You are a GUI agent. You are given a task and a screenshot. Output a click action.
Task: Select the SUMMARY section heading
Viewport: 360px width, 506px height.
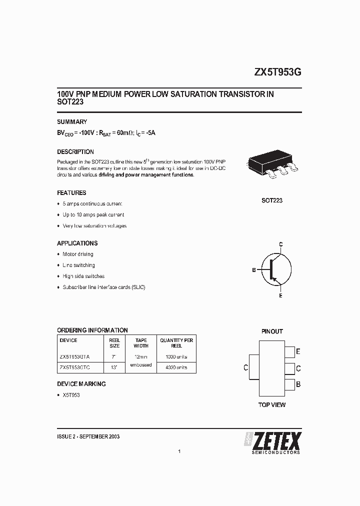pos(72,121)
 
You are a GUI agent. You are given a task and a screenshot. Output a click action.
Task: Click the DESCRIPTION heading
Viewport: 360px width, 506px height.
pos(75,151)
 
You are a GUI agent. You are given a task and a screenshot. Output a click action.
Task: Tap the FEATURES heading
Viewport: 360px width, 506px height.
pos(71,192)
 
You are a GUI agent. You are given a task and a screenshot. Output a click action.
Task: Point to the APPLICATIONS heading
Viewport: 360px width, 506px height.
pos(77,243)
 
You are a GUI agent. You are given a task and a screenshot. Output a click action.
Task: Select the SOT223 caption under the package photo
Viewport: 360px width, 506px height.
pos(272,200)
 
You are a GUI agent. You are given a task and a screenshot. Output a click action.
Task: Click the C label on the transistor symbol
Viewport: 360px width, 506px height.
pos(281,244)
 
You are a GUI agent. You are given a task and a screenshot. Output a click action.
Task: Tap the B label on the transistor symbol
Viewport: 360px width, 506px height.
pos(254,270)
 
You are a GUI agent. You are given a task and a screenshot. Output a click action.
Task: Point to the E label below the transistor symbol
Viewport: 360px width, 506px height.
pos(281,296)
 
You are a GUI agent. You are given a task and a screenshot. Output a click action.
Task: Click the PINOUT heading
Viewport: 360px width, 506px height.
pos(272,331)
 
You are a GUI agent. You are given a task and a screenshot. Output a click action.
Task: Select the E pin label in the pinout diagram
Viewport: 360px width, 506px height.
pos(298,352)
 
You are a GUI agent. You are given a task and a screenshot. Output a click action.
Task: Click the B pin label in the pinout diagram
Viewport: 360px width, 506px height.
pos(298,384)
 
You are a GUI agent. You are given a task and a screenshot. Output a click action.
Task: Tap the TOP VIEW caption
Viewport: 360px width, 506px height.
pos(272,404)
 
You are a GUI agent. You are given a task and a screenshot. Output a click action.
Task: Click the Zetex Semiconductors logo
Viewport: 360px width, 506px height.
pos(272,442)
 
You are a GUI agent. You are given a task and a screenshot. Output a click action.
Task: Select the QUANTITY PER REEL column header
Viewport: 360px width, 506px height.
pos(176,343)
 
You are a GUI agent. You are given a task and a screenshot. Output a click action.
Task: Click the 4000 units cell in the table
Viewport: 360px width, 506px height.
pos(176,367)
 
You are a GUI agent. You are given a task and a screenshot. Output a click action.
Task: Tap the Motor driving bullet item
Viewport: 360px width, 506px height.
pos(77,254)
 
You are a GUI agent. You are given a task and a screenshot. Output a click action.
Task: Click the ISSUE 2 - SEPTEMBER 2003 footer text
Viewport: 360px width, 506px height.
pos(88,436)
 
